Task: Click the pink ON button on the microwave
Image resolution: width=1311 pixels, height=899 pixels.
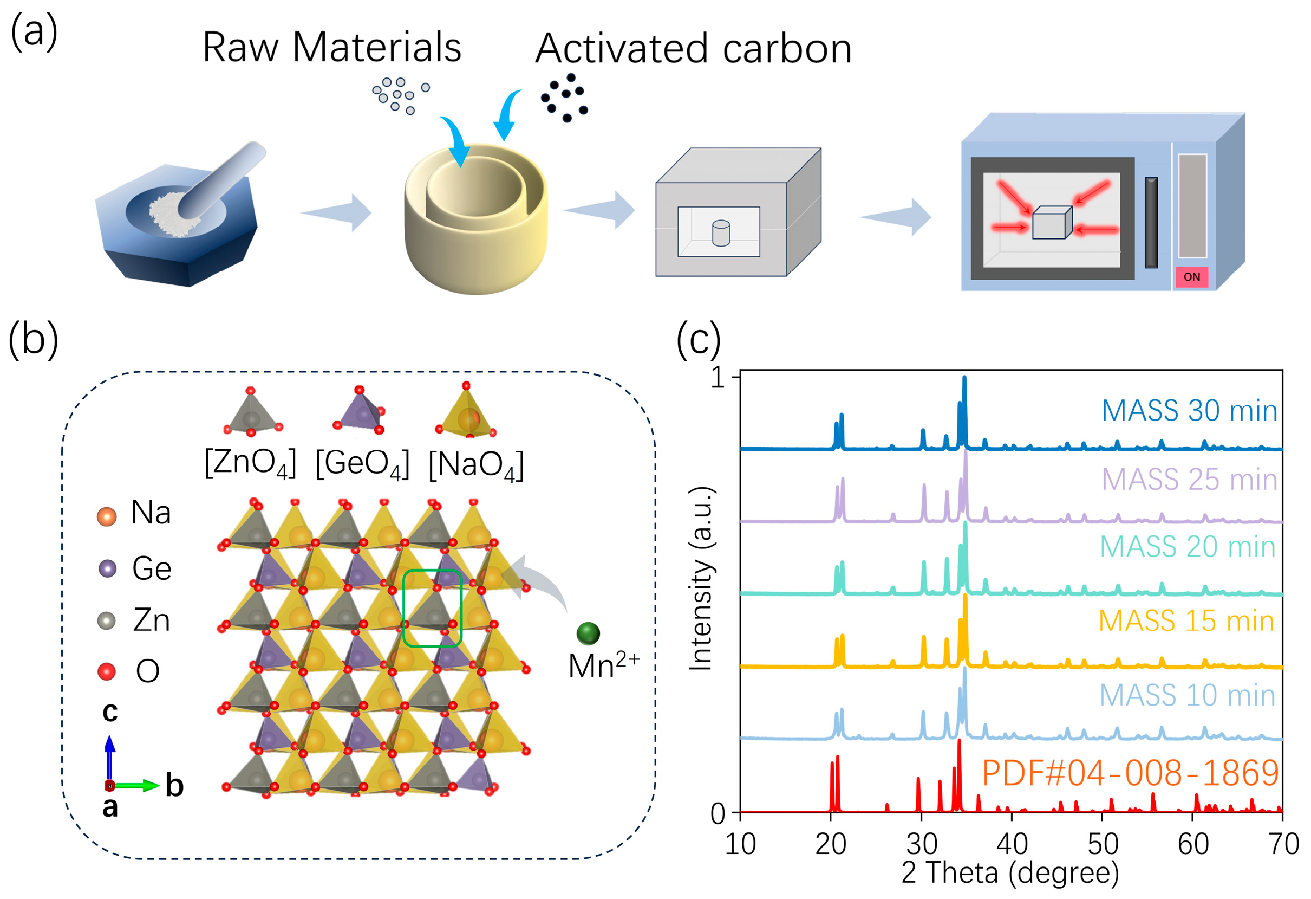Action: pos(1191,277)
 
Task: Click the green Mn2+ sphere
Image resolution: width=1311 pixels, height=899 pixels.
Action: pos(588,633)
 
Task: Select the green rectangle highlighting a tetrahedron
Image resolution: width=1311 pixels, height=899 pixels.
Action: pos(432,608)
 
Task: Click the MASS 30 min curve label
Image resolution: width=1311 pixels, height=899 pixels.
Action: pos(1189,411)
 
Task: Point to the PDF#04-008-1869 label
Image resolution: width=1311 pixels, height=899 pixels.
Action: pos(1130,773)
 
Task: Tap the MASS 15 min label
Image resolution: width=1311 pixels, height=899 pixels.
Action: pos(1186,621)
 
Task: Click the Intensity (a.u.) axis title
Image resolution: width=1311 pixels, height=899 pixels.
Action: pos(701,578)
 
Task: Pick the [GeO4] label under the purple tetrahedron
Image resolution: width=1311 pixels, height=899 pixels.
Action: pos(362,464)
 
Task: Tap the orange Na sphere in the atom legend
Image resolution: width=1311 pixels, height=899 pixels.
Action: pos(107,516)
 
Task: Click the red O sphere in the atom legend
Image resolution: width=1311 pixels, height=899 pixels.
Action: pos(107,671)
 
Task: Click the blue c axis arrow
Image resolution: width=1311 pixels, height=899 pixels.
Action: pos(110,756)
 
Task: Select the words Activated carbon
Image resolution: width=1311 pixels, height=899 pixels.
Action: pos(693,49)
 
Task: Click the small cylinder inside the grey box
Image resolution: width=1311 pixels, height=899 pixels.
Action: pos(720,232)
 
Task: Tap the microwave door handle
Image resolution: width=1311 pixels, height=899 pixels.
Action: pos(1151,222)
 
